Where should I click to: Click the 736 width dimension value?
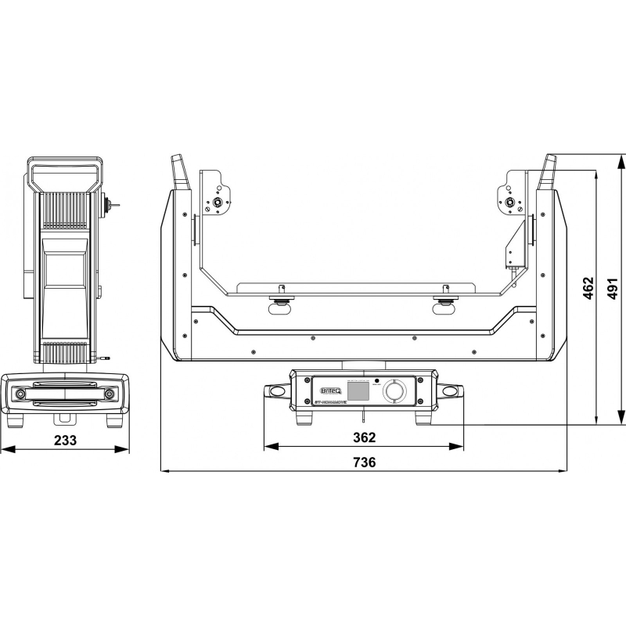pyautogui.click(x=365, y=462)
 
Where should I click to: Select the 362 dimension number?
pyautogui.click(x=365, y=437)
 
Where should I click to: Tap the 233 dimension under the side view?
pyautogui.click(x=66, y=440)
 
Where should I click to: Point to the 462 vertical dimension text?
pyautogui.click(x=589, y=289)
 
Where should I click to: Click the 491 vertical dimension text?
pyautogui.click(x=613, y=289)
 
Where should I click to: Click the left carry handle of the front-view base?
pyautogui.click(x=276, y=390)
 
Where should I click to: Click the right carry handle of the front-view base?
pyautogui.click(x=452, y=390)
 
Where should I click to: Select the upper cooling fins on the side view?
pyautogui.click(x=65, y=211)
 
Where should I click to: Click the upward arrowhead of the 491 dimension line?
pyautogui.click(x=621, y=159)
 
